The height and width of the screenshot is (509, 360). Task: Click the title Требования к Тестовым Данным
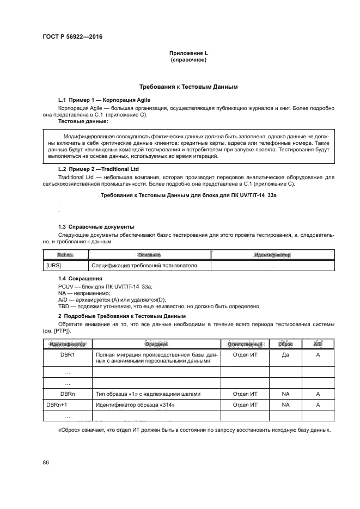pos(188,87)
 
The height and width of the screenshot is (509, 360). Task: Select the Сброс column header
pos(285,344)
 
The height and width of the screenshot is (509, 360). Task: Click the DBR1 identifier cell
pos(68,354)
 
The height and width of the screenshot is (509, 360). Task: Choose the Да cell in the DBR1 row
pos(285,354)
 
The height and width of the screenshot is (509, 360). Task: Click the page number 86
pos(46,462)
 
